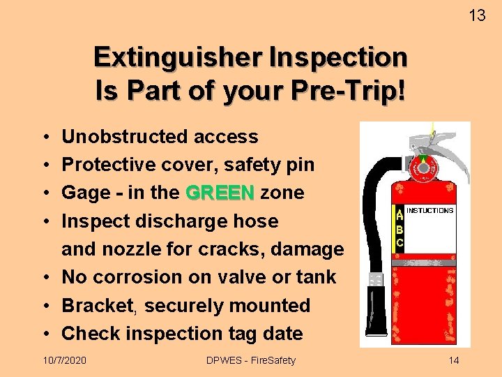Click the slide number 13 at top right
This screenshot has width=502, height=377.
pos(477,15)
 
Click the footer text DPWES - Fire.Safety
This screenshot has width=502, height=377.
pos(251,360)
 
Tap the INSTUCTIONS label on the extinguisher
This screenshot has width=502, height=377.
pos(429,210)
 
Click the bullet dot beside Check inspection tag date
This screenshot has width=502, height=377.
pos(44,334)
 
